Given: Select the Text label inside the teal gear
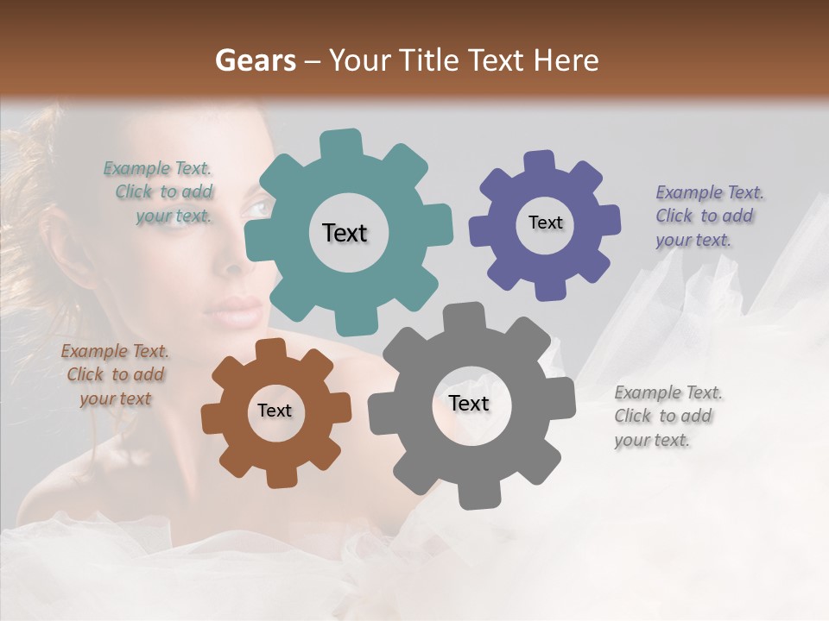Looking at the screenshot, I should [x=345, y=233].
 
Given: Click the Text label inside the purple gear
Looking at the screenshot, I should [x=545, y=223].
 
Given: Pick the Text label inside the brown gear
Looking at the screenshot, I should [x=275, y=411].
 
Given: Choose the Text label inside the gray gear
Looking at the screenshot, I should [x=469, y=403].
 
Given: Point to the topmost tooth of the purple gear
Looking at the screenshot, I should [x=540, y=162].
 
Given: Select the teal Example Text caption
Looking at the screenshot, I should [x=161, y=192].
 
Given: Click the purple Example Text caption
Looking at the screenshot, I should [x=708, y=216].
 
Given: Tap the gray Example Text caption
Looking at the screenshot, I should [x=667, y=416].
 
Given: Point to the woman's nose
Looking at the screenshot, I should [x=233, y=259].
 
